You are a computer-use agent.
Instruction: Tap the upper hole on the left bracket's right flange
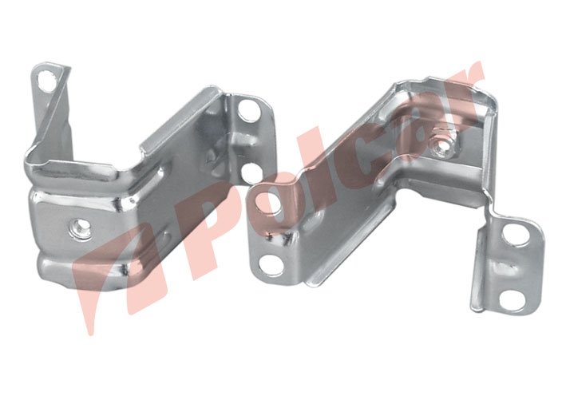249,109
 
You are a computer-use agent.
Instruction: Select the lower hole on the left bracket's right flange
252,173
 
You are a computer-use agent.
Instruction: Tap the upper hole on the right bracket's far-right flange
516,234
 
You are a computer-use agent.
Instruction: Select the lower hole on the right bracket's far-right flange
513,298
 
